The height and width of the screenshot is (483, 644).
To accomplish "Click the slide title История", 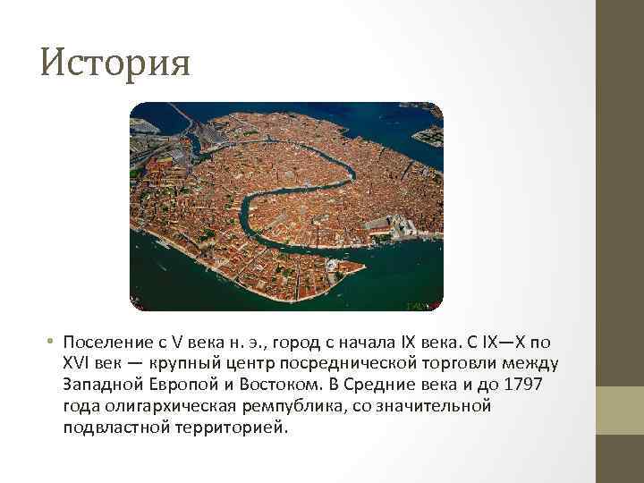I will point(115,63).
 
